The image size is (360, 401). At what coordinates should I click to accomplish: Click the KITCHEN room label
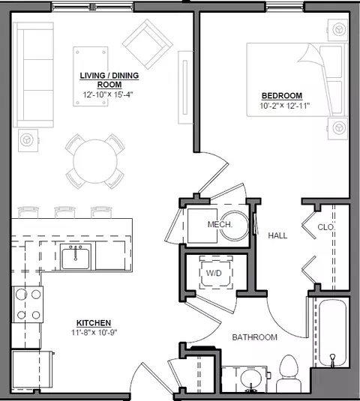click(94, 323)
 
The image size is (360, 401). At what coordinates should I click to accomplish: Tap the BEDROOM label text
click(282, 96)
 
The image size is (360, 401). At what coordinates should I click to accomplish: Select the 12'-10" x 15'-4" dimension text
click(108, 94)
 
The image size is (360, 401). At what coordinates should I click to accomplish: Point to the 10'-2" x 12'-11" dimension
click(285, 106)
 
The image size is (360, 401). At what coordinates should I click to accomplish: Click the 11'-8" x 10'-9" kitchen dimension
click(94, 333)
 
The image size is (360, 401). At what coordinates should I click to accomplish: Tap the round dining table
click(95, 161)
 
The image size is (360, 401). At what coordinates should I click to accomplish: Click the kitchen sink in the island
click(76, 257)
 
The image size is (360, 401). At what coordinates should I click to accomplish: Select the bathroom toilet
click(289, 373)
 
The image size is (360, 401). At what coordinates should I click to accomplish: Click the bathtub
click(332, 332)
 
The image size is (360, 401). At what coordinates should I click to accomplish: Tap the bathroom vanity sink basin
click(251, 380)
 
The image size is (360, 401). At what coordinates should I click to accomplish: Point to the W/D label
click(214, 273)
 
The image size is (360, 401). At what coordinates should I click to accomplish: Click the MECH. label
click(220, 225)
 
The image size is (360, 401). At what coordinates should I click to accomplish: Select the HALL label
click(277, 235)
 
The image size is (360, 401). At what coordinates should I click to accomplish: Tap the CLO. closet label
click(326, 227)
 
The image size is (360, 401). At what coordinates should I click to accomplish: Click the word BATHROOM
click(254, 337)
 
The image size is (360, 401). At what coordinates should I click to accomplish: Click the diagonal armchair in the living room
click(148, 44)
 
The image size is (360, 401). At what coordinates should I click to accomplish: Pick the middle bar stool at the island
click(65, 212)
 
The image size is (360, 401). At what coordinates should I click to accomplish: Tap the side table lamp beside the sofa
click(27, 140)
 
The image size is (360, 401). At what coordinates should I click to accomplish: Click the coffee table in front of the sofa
click(91, 76)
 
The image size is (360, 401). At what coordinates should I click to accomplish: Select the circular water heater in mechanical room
click(234, 226)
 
